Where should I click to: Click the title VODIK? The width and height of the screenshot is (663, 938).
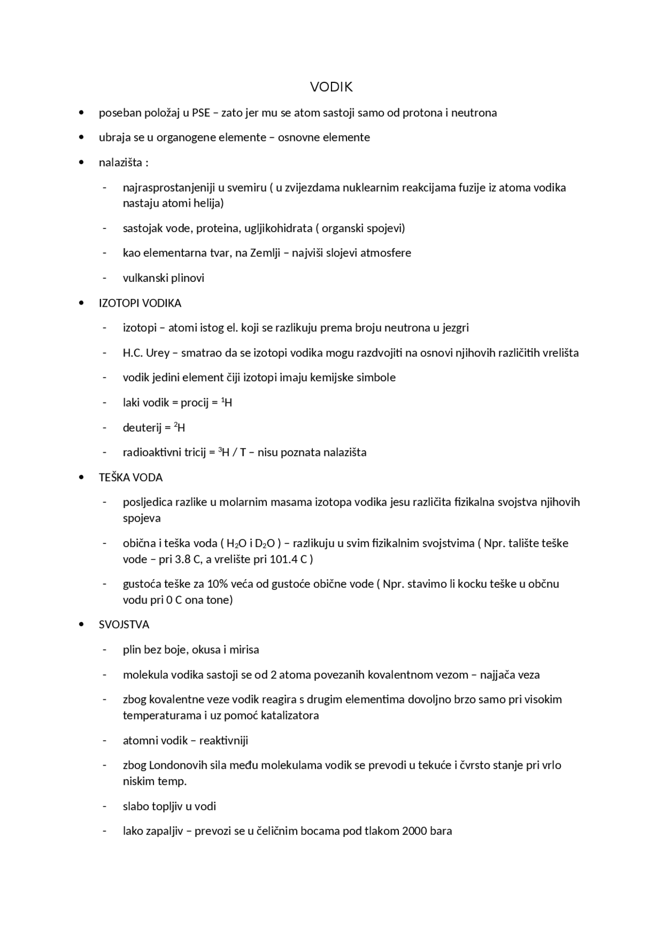[x=331, y=87]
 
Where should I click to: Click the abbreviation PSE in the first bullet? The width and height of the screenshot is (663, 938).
[x=201, y=113]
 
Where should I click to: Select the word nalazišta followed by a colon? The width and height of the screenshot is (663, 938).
[x=123, y=163]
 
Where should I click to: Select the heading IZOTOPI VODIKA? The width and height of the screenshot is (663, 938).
[x=140, y=303]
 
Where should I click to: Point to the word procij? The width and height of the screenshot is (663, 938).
[x=194, y=403]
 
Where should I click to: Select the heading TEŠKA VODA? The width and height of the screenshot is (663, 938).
[x=131, y=478]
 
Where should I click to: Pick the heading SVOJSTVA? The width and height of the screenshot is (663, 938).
[x=124, y=625]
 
